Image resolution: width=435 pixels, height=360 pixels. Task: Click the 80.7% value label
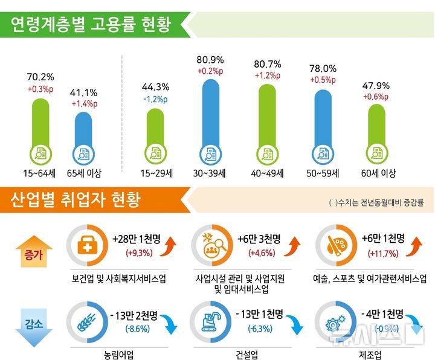pos(266,63)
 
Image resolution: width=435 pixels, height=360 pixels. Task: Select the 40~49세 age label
pos(266,173)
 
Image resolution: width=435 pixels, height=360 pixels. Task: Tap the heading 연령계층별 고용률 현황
pos(91,24)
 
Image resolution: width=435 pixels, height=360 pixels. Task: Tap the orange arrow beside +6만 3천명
pos(294,245)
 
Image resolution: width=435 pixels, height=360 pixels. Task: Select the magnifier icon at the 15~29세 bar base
pos(155,153)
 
